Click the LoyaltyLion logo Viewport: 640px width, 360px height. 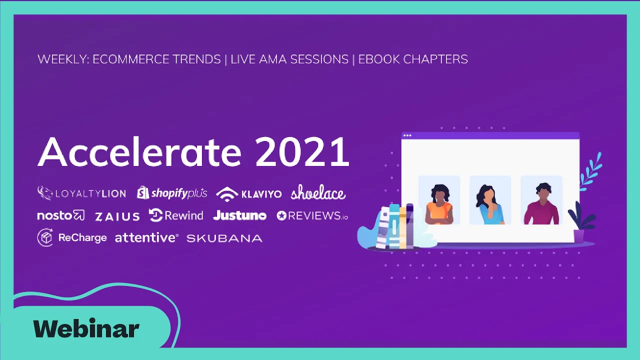81,193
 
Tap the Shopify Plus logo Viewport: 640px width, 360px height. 171,193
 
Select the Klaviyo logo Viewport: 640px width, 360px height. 249,194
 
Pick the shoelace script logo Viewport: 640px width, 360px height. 318,192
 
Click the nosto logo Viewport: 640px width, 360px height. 61,215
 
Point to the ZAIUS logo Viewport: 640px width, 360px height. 117,216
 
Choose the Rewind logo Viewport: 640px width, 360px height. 176,215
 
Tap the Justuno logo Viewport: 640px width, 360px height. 239,215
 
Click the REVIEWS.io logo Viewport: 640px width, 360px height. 312,215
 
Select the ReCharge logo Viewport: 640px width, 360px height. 72,237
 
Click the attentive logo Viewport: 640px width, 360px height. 147,237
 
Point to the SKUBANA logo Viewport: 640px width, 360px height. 224,238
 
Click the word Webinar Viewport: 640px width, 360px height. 86,328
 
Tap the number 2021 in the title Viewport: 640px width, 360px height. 302,151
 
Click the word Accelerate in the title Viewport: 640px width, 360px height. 139,151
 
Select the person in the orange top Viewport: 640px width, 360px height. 439,204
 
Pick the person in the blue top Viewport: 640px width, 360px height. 489,204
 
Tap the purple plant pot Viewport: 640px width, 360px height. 579,236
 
